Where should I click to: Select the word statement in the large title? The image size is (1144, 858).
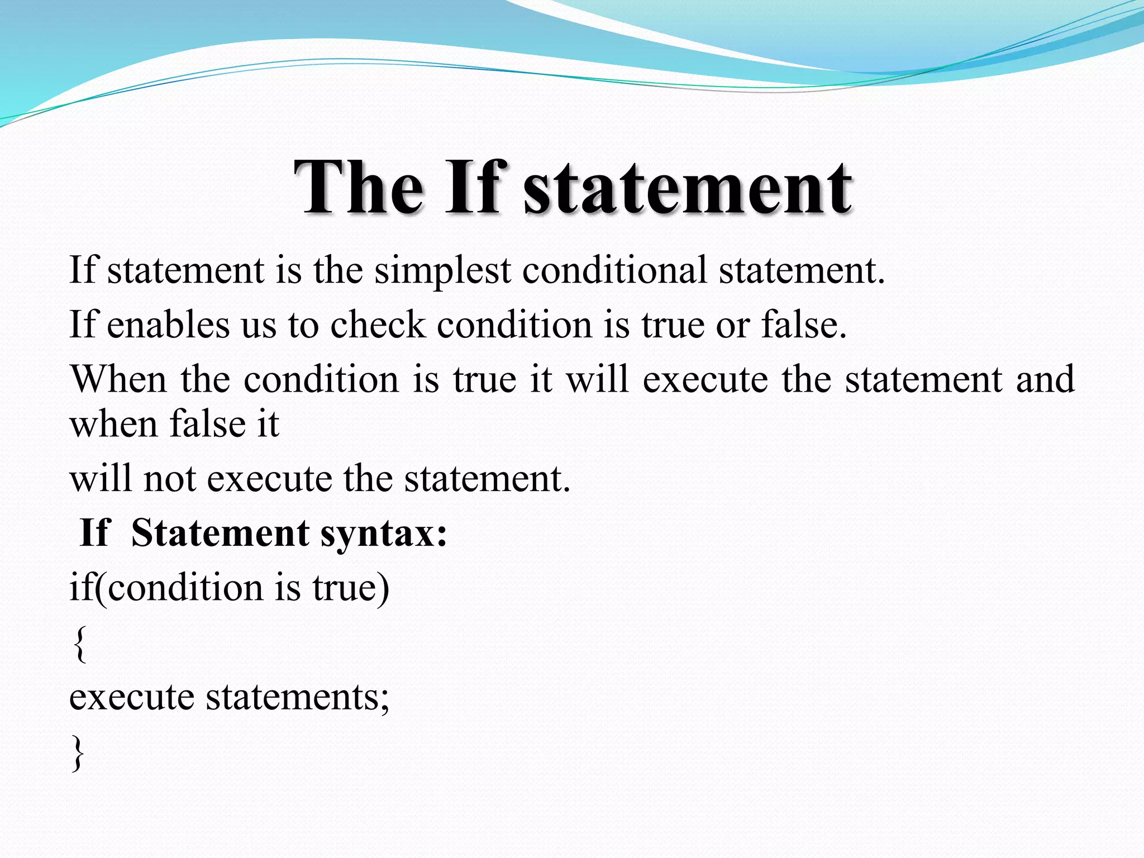[687, 188]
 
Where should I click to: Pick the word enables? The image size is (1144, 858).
[168, 325]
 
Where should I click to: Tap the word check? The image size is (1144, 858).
[378, 325]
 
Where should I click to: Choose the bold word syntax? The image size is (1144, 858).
[384, 533]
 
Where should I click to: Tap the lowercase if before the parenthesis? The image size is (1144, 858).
[80, 587]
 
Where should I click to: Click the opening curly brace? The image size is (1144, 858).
[80, 644]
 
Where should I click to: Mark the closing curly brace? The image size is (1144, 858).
[78, 754]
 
